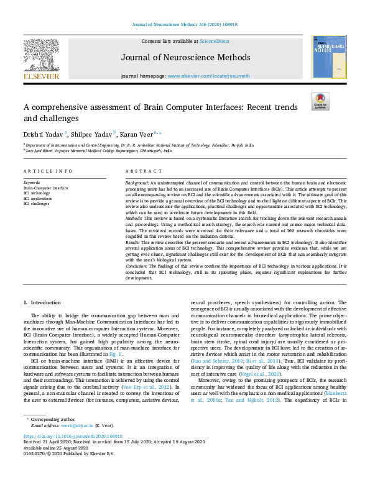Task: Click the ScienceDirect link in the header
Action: tap(215, 41)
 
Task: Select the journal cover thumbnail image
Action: tap(328, 57)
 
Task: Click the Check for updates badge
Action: tap(320, 101)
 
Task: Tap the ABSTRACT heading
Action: tap(139, 171)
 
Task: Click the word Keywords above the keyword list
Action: tap(32, 183)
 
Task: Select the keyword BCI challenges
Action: tap(36, 203)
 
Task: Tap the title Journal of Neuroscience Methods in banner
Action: tap(185, 58)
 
